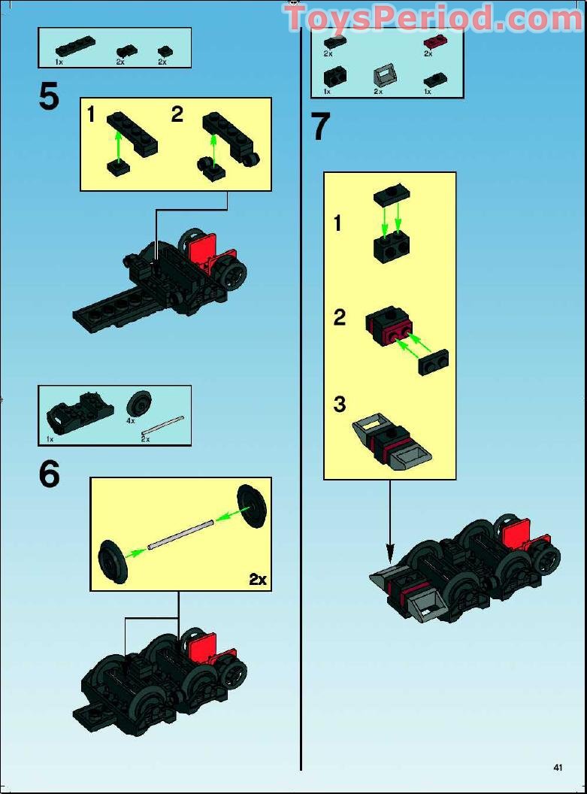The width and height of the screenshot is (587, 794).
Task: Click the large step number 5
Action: [49, 96]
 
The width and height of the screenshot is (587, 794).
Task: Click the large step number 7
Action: [320, 126]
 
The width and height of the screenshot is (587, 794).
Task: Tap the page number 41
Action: [558, 767]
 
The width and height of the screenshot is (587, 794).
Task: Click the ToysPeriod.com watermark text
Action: [434, 18]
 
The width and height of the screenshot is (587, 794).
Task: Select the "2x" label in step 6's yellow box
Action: [258, 579]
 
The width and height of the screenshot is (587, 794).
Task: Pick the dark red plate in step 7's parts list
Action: [432, 43]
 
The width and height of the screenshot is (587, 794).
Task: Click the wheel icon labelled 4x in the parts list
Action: [138, 405]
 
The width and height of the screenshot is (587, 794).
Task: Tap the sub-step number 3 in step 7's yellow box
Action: [340, 404]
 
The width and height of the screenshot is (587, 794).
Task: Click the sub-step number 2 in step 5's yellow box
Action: [177, 114]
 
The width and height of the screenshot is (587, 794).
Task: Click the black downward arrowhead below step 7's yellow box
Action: [389, 553]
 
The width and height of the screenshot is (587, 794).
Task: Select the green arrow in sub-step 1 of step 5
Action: [118, 145]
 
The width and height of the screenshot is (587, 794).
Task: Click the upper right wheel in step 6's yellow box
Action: [252, 506]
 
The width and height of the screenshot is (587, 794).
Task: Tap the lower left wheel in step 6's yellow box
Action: [113, 562]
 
